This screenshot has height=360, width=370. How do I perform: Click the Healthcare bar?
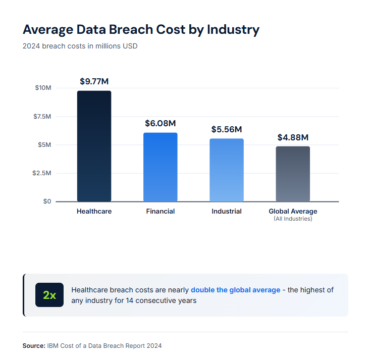coord(94,146)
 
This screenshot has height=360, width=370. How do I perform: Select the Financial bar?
coord(160,167)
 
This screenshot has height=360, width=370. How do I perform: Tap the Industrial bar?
coord(227,170)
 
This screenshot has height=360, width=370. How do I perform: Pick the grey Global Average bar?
coord(293,174)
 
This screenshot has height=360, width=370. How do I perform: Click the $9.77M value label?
coord(94,81)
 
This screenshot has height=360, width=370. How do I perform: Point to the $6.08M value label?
coord(160,123)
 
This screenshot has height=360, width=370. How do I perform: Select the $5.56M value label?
coord(227,129)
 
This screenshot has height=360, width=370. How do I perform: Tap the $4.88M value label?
coord(293,137)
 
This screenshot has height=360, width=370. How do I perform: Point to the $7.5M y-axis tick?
coord(42,117)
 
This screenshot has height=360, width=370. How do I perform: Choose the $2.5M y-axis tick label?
coord(42,173)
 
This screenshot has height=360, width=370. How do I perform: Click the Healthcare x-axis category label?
coord(94,211)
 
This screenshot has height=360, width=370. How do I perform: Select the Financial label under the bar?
coord(160,211)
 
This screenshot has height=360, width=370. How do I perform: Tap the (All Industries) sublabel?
coord(293,219)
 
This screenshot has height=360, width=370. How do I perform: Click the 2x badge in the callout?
coord(49,295)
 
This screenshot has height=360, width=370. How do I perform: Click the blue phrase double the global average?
coord(235,290)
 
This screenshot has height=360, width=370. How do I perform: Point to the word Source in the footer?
coord(33,346)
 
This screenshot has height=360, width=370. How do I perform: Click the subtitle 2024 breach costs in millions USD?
coord(80,46)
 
